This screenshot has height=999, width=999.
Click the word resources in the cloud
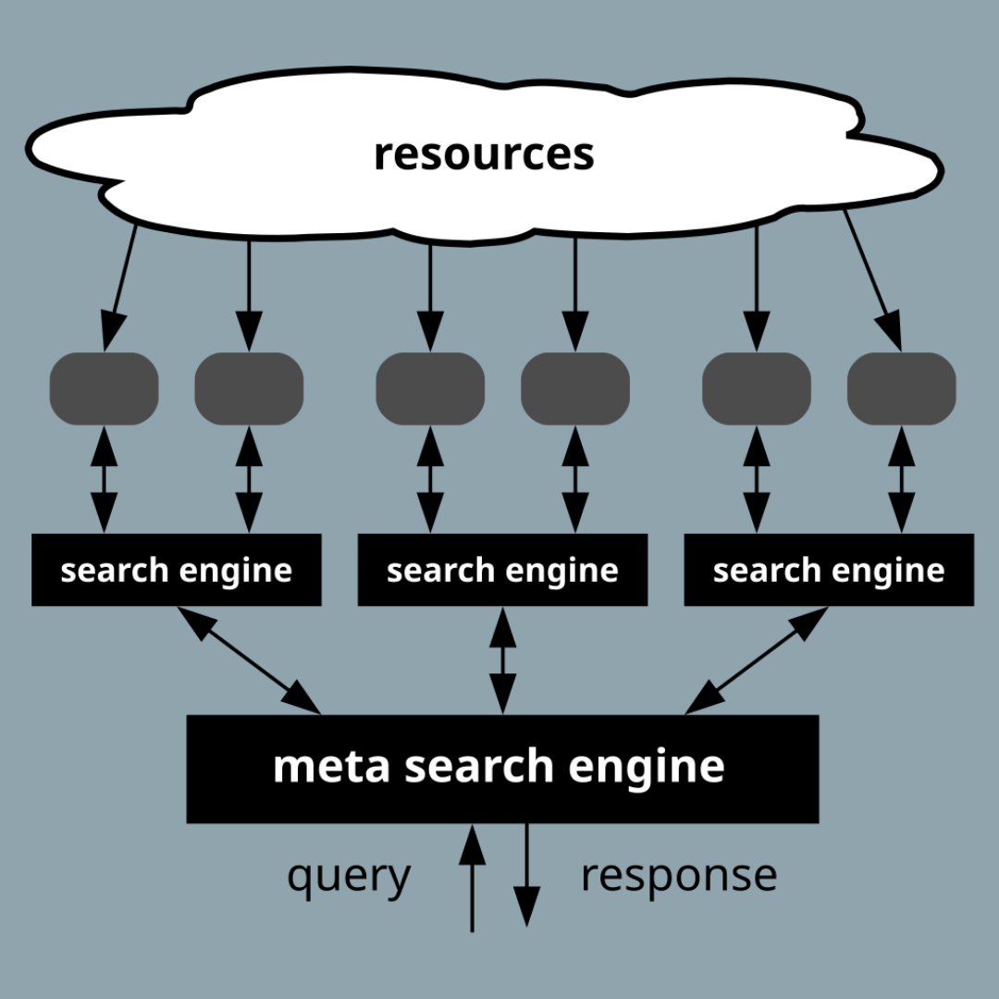483,154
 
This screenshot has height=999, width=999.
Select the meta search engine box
502,768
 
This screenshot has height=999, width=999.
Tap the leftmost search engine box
176,570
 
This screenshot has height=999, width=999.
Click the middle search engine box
502,570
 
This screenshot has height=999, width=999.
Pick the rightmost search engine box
829,570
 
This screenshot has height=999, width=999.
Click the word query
349,875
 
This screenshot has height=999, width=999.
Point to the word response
678,875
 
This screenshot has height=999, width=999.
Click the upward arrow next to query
473,879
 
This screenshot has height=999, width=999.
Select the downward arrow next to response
526,874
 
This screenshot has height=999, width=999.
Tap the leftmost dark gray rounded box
104,388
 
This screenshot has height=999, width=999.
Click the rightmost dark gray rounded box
901,388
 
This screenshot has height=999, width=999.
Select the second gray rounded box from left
249,388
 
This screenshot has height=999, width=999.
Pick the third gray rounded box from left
430,388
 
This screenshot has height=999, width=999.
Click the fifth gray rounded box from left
757,388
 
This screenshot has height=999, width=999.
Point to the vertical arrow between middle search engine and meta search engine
502,660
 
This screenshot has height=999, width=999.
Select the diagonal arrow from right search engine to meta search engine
756,660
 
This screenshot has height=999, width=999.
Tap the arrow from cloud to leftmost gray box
121,286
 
